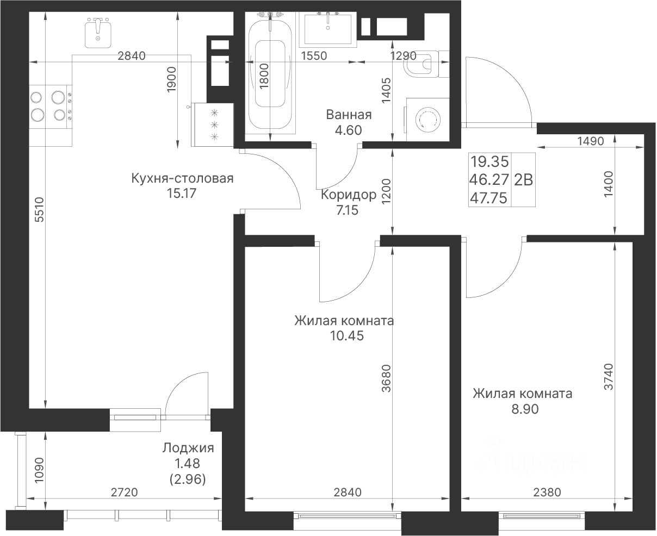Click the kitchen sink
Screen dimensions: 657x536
(98, 33)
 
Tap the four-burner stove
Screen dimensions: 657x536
(51, 107)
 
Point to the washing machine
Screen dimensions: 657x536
(427, 120)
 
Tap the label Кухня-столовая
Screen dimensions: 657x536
(182, 178)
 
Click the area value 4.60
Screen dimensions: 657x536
(348, 130)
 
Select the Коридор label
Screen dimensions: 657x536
(349, 195)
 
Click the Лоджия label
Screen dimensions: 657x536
(188, 448)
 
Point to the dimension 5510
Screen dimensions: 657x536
(40, 210)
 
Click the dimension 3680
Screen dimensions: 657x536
(386, 378)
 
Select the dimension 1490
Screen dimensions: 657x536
(590, 141)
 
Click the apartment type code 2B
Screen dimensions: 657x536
(523, 180)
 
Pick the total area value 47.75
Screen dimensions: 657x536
(489, 198)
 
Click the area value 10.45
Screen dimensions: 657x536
(347, 336)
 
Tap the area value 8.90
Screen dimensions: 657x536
(525, 409)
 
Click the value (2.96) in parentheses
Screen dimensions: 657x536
(188, 479)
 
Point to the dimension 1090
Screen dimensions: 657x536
(40, 471)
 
